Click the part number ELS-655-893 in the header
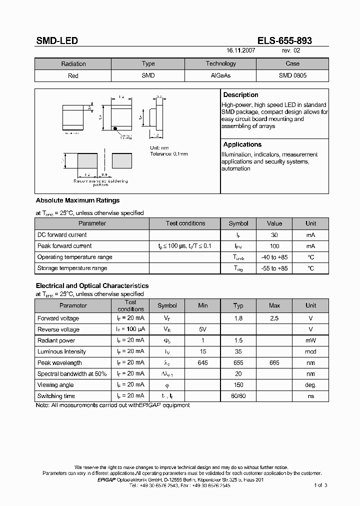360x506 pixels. [x=285, y=41]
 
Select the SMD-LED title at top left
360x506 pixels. [x=56, y=41]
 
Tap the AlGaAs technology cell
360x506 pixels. [x=220, y=75]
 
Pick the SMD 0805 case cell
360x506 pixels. [x=292, y=75]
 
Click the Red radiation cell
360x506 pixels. [x=73, y=76]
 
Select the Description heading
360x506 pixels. [x=240, y=95]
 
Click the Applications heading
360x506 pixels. [x=242, y=144]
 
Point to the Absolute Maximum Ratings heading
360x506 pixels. [x=77, y=200]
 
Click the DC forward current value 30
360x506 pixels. [x=274, y=235]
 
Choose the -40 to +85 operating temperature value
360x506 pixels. [x=274, y=257]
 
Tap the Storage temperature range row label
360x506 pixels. [x=72, y=268]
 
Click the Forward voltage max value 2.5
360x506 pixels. [x=274, y=318]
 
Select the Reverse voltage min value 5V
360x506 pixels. [x=202, y=329]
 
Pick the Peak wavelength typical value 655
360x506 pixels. [x=238, y=363]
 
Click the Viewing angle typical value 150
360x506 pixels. [x=238, y=385]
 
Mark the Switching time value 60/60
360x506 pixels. [x=238, y=396]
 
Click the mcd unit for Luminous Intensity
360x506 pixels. [x=310, y=352]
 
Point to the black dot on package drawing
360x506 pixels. [x=115, y=128]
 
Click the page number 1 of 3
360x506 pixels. [x=320, y=485]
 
